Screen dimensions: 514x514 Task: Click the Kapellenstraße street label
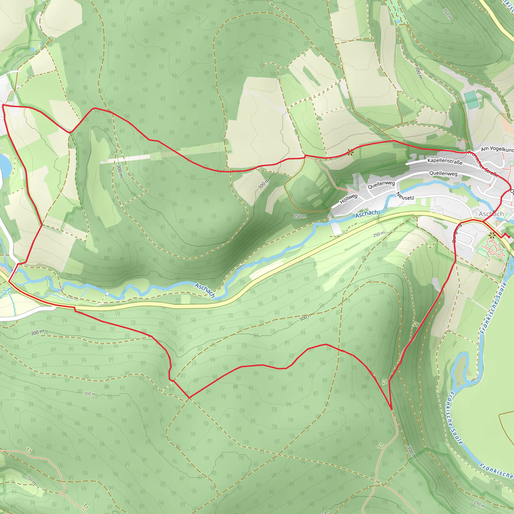pos(445,161)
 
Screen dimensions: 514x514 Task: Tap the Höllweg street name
pos(349,199)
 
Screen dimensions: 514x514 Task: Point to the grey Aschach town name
pos(491,214)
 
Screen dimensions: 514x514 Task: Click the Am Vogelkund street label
pos(497,149)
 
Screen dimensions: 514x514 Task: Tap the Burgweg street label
pos(457,233)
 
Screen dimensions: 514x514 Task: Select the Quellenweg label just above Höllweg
pos(381,184)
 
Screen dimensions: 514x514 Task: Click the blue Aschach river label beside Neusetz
pos(367,213)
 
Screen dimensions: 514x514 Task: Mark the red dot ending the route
pos(509,237)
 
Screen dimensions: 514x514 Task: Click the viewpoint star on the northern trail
pos(350,152)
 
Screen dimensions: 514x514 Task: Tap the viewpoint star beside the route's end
pos(492,235)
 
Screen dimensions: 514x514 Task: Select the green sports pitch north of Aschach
pos(471,100)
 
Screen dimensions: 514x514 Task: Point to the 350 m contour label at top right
pos(447,14)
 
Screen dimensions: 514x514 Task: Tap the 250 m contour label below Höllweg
pos(300,216)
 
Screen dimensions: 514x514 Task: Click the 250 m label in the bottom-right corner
pos(479,503)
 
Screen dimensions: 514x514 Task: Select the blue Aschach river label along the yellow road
pos(205,290)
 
